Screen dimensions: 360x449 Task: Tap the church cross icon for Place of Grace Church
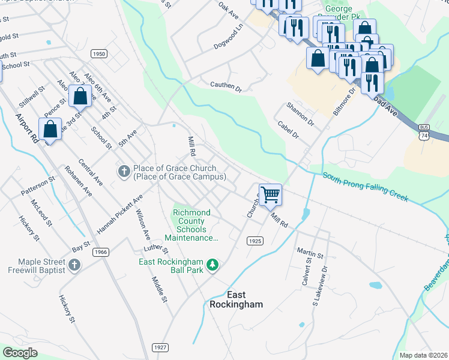[x=124, y=172]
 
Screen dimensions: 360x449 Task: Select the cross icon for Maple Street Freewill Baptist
[x=74, y=265]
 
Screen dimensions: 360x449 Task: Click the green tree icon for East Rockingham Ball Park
[x=212, y=265]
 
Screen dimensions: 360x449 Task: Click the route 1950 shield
[x=99, y=54]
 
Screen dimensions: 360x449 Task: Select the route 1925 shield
[x=255, y=241]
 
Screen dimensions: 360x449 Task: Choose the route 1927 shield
[x=160, y=347]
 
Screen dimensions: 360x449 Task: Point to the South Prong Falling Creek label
[x=365, y=187]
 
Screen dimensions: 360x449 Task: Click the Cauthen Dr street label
[x=225, y=87]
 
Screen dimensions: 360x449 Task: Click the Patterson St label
[x=38, y=186]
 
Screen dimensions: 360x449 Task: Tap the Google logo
[x=20, y=353]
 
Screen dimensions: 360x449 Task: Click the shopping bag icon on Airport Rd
[x=50, y=129]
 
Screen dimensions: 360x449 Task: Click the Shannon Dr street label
[x=300, y=113]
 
